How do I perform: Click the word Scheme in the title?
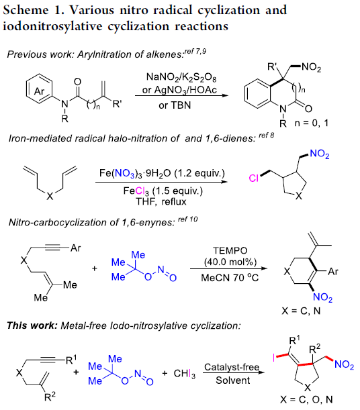click(26, 11)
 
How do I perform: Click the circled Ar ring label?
click(39, 91)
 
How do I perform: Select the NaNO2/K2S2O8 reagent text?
click(181, 77)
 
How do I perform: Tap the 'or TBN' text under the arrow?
click(175, 105)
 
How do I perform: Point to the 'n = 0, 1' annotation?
click(312, 123)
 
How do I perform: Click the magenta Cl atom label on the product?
click(253, 178)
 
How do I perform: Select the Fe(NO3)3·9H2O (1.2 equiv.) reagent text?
click(162, 174)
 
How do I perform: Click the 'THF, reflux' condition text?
click(161, 201)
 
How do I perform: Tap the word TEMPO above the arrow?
click(230, 250)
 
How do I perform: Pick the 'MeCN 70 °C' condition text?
click(230, 278)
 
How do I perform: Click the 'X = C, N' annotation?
click(301, 311)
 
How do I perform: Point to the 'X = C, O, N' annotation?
click(306, 399)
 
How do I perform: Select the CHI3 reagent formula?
click(185, 374)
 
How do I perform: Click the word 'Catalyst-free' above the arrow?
click(232, 367)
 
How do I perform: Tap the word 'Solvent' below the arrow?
click(233, 380)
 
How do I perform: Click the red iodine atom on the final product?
click(273, 358)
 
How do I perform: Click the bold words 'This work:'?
click(32, 325)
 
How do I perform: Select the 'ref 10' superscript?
click(187, 219)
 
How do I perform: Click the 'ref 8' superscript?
click(267, 135)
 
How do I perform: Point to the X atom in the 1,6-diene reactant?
click(50, 196)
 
